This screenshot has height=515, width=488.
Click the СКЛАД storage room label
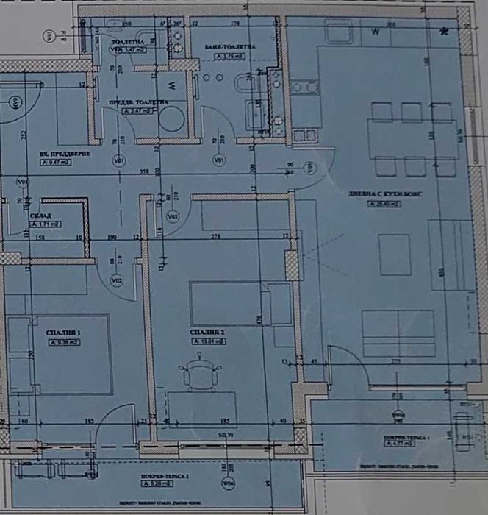click(x=44, y=214)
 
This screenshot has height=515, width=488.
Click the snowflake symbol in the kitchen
click(x=443, y=31)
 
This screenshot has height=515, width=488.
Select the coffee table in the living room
click(x=395, y=254)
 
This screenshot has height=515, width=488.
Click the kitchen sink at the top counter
click(x=339, y=35)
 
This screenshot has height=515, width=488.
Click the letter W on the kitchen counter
click(x=376, y=32)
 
